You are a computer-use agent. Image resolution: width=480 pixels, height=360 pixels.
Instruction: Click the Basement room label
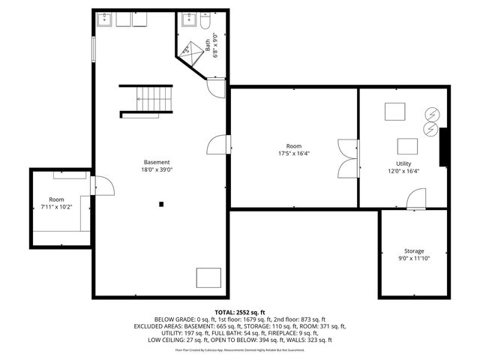[157, 162]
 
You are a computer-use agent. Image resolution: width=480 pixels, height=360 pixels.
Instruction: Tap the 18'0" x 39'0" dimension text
[157, 170]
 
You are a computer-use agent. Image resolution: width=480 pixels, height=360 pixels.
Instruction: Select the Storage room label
[414, 251]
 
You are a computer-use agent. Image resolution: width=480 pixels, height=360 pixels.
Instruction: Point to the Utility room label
[403, 163]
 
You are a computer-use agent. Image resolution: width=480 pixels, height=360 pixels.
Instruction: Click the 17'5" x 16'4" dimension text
[294, 154]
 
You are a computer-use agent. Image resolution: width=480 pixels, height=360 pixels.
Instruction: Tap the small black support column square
[161, 203]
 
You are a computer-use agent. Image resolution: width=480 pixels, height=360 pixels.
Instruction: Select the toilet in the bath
[205, 22]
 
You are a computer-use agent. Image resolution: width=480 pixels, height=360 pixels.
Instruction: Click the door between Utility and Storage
[415, 199]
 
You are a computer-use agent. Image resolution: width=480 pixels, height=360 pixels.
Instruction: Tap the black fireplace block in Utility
[445, 147]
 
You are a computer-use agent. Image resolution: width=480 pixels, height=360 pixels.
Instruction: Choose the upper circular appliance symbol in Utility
[431, 114]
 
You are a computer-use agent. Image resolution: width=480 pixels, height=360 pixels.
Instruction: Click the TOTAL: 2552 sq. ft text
[240, 311]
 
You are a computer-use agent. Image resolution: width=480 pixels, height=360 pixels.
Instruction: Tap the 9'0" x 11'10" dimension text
[414, 259]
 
